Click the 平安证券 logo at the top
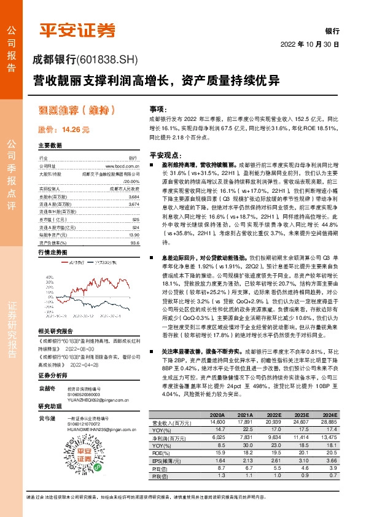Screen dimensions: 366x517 pyautogui.click(x=77, y=30)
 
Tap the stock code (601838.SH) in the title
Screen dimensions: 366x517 pyautogui.click(x=109, y=60)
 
